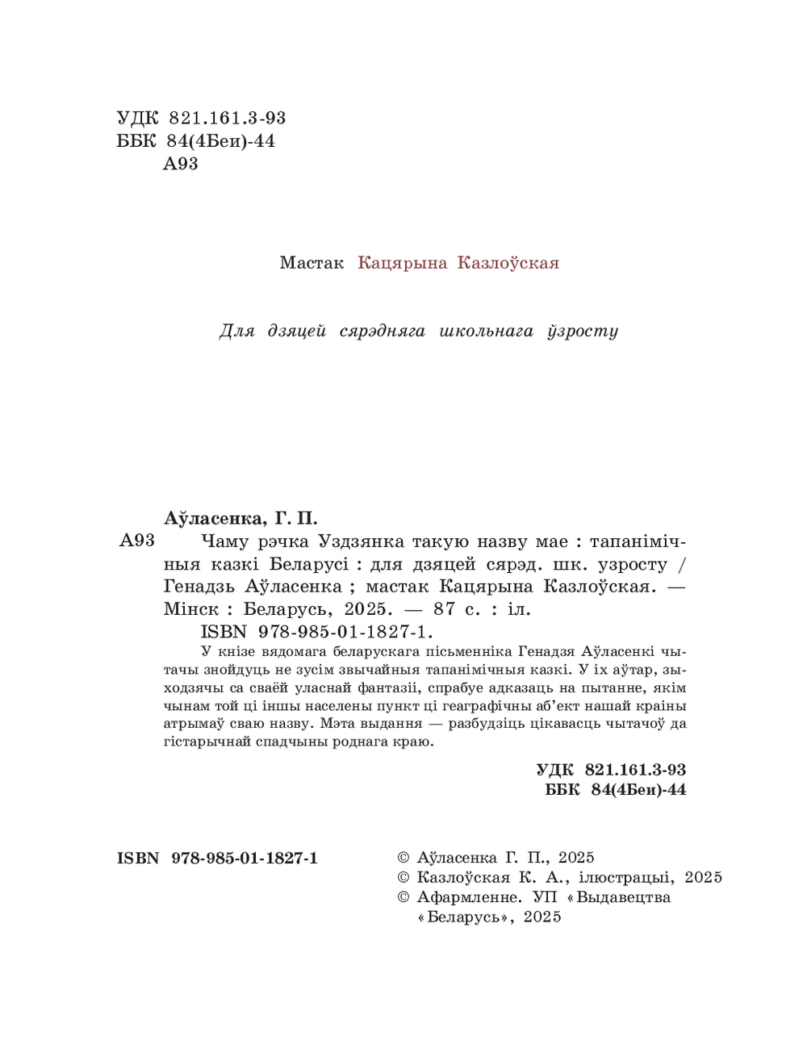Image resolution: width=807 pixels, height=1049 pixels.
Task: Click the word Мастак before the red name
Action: click(x=312, y=263)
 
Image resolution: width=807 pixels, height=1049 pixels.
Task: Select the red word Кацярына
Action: click(x=402, y=263)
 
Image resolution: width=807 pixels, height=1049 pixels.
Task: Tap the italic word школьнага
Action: click(x=487, y=331)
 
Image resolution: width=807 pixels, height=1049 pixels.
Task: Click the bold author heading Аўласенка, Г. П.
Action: click(x=240, y=517)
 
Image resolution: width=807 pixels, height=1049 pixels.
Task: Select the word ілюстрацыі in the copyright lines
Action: click(x=626, y=877)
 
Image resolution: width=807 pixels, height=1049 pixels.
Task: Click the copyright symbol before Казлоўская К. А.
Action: click(x=404, y=878)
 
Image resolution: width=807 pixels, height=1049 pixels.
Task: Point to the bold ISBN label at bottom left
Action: click(x=138, y=858)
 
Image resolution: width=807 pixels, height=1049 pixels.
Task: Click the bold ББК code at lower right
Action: click(x=616, y=790)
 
